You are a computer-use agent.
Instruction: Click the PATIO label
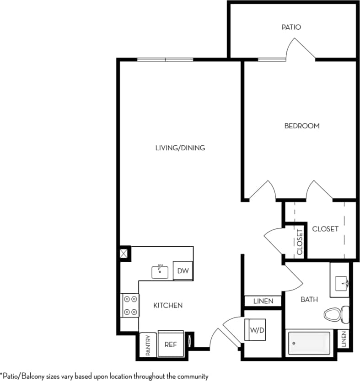point(291,27)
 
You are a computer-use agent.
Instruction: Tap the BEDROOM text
point(302,126)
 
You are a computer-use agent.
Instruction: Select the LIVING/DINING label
point(180,148)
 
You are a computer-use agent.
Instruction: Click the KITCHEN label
point(168,305)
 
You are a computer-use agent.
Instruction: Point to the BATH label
point(309,300)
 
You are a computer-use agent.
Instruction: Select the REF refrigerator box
point(170,344)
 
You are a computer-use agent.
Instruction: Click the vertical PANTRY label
point(148,345)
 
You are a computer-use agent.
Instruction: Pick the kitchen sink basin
point(161,271)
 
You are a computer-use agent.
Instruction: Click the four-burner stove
point(130,305)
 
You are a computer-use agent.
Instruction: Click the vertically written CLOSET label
point(300,242)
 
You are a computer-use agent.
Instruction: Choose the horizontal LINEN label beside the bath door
point(263,301)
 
